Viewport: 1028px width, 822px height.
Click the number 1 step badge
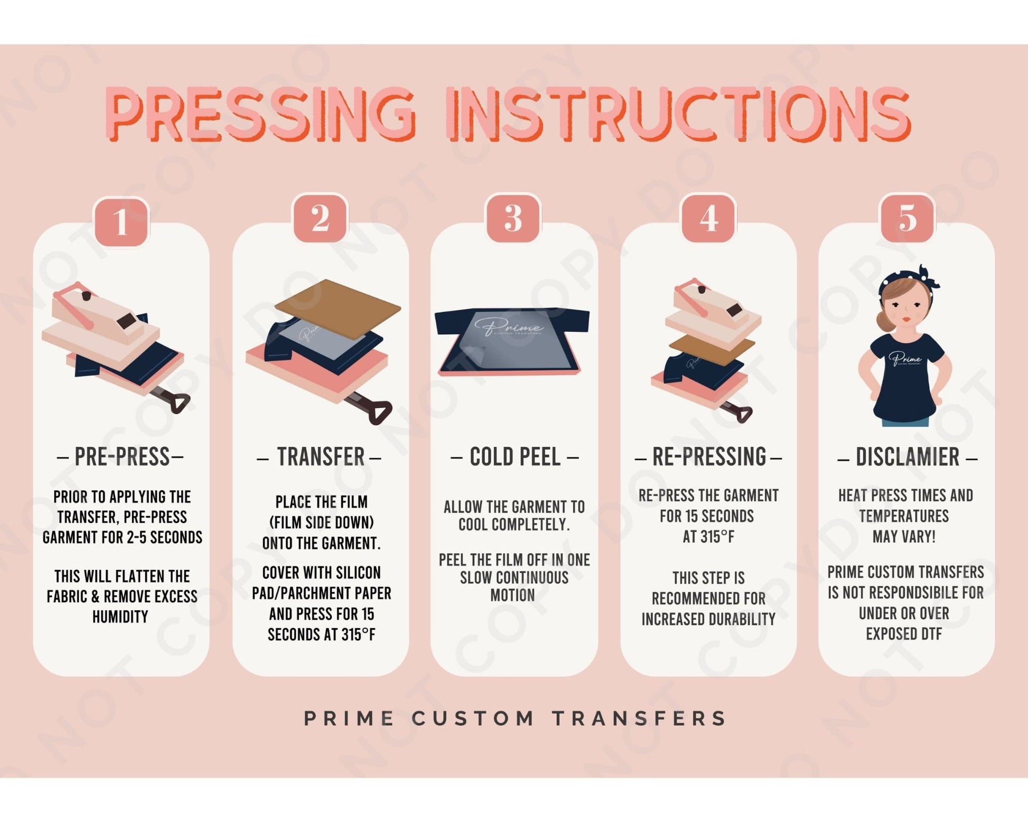click(x=121, y=221)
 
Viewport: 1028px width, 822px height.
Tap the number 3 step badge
click(x=513, y=218)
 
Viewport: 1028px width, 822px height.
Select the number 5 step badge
click(x=907, y=218)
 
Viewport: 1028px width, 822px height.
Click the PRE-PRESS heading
click(x=121, y=457)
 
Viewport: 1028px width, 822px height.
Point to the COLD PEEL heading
click(x=515, y=457)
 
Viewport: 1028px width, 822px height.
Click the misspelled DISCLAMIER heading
click(x=907, y=457)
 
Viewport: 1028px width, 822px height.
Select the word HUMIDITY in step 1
click(x=120, y=616)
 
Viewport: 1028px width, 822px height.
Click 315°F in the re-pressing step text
click(x=708, y=537)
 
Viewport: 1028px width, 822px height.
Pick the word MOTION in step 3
click(x=512, y=595)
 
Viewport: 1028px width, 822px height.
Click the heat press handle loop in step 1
click(x=178, y=404)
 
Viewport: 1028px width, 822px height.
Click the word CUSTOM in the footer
click(x=473, y=718)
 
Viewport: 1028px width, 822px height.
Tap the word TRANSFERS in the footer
click(x=640, y=718)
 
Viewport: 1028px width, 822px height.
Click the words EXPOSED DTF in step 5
click(x=904, y=633)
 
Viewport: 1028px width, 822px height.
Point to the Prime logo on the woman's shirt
click(x=905, y=359)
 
